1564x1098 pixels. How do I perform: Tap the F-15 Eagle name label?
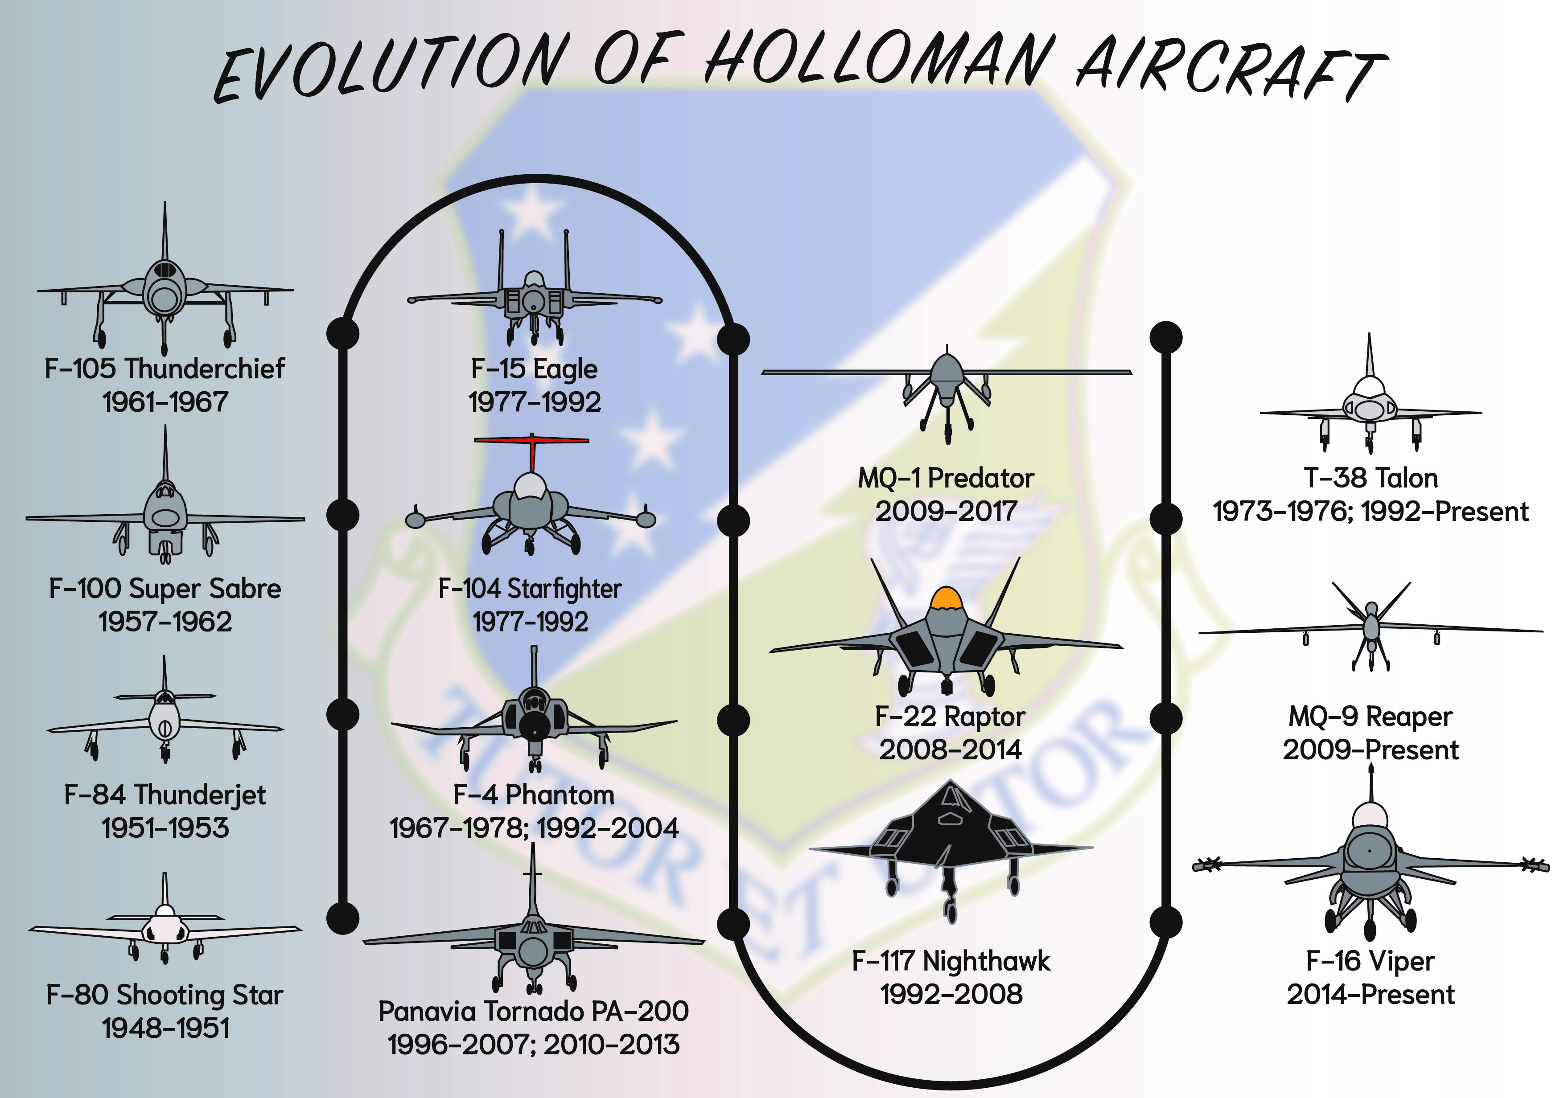point(534,369)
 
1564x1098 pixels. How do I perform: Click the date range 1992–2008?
point(951,995)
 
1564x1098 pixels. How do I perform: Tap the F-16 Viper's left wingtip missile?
point(1206,866)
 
